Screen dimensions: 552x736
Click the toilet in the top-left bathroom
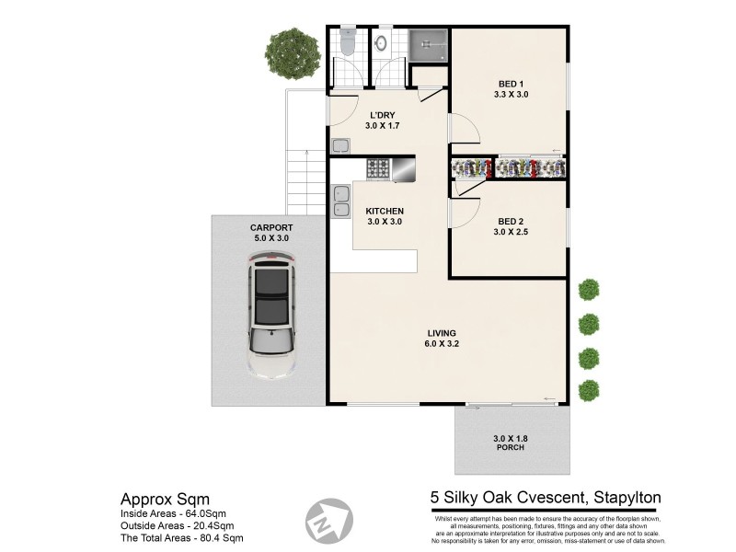pos(348,41)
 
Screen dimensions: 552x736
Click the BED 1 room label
pos(511,88)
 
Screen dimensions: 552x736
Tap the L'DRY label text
pos(382,120)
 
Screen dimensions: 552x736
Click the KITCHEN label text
pos(385,216)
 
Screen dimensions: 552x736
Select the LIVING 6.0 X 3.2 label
pos(442,339)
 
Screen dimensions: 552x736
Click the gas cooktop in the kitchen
pos(378,168)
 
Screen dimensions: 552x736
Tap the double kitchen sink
pos(339,200)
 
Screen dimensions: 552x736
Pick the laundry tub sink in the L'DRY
pos(339,145)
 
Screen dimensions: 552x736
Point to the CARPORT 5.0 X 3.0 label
pos(270,233)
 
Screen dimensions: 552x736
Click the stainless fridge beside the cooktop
pos(403,167)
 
